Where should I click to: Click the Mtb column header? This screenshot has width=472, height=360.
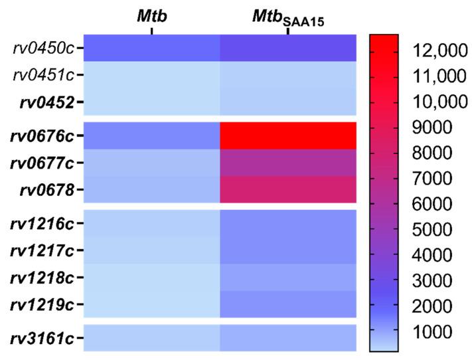tap(151, 15)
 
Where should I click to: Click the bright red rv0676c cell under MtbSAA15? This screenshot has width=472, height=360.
tap(287, 135)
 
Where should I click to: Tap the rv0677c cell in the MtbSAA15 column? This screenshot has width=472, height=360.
tap(287, 163)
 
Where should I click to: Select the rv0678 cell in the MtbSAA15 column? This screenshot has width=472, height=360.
tap(287, 190)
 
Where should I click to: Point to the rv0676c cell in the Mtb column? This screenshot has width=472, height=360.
tap(151, 135)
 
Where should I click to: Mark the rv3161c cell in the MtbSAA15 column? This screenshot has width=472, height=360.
tap(287, 338)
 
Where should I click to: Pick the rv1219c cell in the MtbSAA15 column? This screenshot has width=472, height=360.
tap(287, 305)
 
